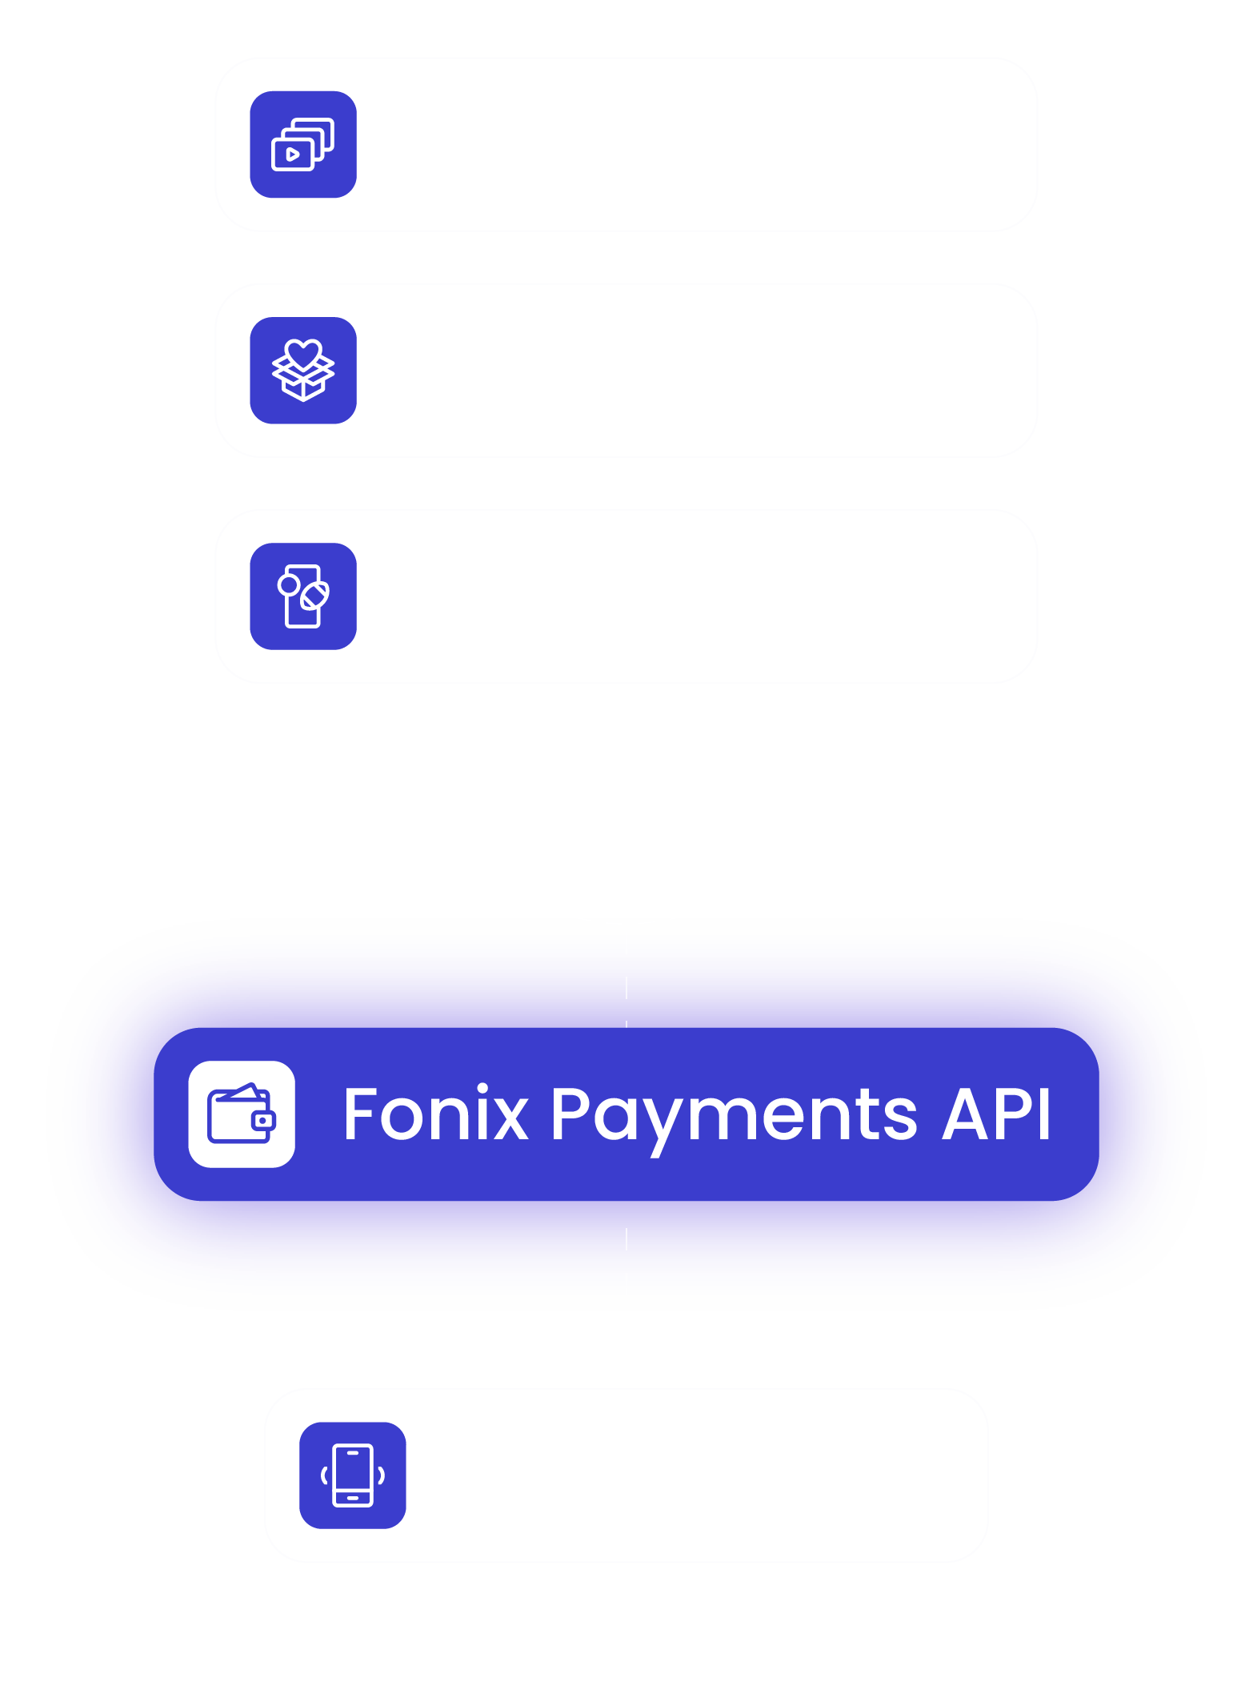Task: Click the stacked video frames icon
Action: [x=303, y=144]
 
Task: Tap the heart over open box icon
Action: [x=303, y=370]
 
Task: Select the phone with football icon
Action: [x=303, y=596]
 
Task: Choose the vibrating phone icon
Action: [x=353, y=1475]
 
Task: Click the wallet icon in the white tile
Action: [x=242, y=1114]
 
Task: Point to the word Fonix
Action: [x=437, y=1114]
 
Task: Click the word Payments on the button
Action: [x=735, y=1118]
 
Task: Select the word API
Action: [x=996, y=1114]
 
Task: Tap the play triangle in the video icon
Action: [x=293, y=154]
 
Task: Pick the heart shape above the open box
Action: [x=303, y=354]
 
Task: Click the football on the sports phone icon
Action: [x=314, y=596]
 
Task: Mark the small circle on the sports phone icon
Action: [x=289, y=585]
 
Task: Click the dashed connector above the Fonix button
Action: [x=626, y=985]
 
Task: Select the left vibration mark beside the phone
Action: [x=324, y=1475]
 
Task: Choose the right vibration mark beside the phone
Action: [x=382, y=1475]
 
